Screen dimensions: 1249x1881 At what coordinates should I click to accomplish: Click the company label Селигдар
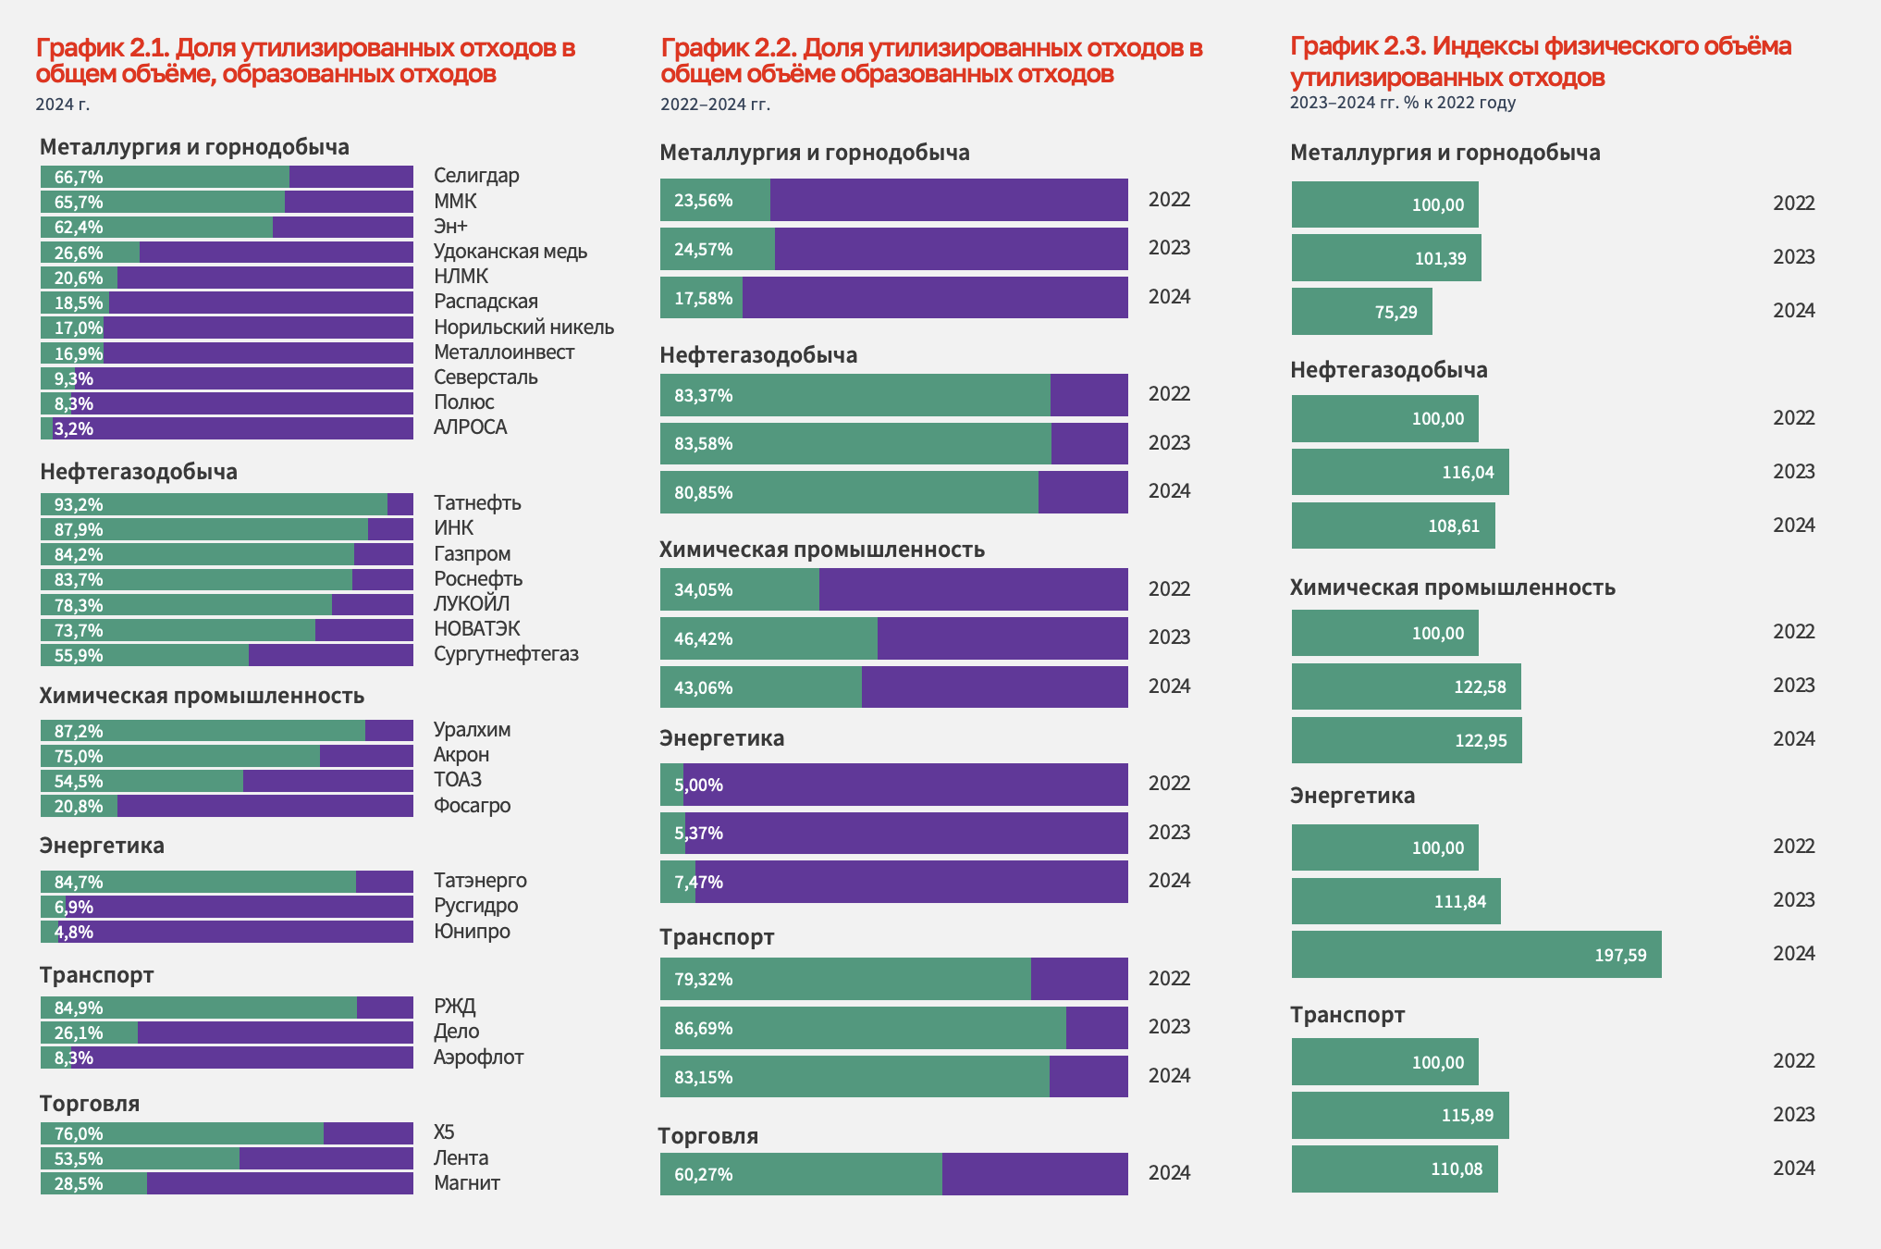coord(476,176)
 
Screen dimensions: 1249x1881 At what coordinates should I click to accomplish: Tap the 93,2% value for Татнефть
coord(79,505)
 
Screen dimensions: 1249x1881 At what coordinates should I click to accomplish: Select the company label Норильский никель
coord(523,328)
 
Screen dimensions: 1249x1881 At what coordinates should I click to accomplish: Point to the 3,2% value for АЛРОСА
coord(73,429)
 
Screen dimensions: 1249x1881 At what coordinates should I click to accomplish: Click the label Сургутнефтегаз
coord(506,654)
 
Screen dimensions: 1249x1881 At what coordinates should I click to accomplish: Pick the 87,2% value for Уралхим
coord(79,732)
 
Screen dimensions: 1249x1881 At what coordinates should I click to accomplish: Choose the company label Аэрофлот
coord(478,1057)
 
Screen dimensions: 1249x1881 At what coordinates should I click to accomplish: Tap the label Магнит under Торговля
coord(466,1183)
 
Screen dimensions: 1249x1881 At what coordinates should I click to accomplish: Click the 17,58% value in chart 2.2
coord(703,299)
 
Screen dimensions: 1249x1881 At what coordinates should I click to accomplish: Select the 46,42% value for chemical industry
coord(703,639)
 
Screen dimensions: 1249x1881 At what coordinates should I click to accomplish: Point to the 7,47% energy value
coord(698,883)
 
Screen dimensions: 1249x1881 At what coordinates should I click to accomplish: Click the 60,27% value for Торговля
coord(703,1175)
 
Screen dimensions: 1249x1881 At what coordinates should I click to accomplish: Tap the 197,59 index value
coord(1620,956)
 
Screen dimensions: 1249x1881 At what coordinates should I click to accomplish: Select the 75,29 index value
coord(1395,313)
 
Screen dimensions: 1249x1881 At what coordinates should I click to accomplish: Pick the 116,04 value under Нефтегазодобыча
coord(1468,473)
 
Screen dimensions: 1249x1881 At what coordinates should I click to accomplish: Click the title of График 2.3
coord(1540,61)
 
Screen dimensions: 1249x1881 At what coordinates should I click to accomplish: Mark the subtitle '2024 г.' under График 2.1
coord(62,105)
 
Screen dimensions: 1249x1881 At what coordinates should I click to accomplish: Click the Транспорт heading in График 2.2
coord(717,937)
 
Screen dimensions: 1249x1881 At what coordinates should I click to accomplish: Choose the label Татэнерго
coord(480,881)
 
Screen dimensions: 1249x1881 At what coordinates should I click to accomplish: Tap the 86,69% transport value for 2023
coord(703,1029)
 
